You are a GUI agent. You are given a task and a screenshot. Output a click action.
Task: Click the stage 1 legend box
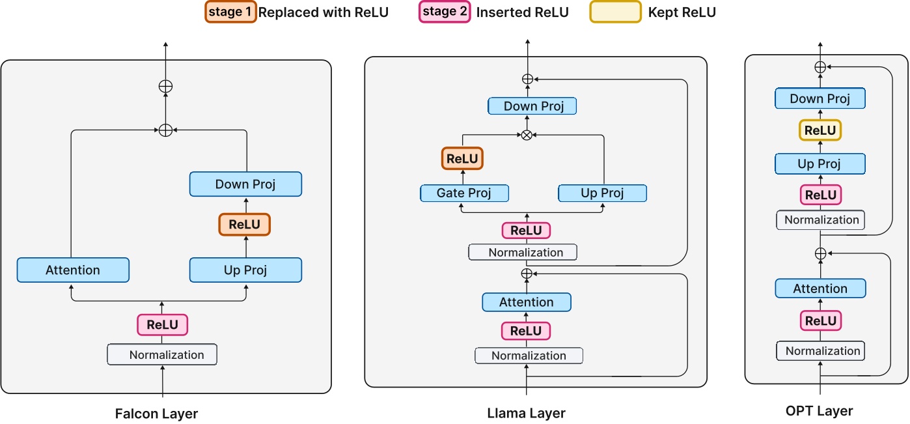click(x=230, y=12)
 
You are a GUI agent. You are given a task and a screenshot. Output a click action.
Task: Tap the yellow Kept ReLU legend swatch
click(x=615, y=12)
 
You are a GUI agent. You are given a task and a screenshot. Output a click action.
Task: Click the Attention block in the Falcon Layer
click(x=73, y=270)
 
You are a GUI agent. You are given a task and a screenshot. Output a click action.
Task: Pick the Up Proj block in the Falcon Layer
click(x=245, y=270)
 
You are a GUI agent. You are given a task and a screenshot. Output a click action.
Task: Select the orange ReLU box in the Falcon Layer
click(x=244, y=225)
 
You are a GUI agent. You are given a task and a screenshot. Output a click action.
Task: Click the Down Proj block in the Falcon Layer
click(x=245, y=184)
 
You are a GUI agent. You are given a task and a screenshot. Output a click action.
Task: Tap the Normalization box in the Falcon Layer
click(x=162, y=355)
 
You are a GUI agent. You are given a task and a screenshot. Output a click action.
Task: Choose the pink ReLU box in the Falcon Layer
click(x=162, y=324)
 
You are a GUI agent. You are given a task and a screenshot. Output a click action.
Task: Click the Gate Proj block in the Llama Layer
click(x=464, y=193)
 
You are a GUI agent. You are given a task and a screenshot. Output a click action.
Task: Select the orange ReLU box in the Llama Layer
click(x=462, y=158)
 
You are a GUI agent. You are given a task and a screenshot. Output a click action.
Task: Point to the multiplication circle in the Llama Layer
click(x=527, y=135)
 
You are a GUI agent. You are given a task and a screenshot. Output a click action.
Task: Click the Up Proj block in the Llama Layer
click(x=602, y=193)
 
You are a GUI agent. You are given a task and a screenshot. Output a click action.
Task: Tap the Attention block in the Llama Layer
click(x=526, y=302)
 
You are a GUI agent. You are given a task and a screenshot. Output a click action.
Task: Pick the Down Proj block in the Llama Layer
click(x=532, y=106)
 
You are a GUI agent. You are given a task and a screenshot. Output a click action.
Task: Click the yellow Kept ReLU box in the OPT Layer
click(x=820, y=130)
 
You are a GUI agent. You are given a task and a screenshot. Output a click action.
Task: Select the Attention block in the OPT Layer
click(x=820, y=289)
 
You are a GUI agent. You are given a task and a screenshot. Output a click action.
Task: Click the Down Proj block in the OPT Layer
click(x=820, y=99)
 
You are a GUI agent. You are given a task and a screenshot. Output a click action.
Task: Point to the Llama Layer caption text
click(x=526, y=413)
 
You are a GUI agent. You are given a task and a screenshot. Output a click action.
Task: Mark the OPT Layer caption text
click(x=819, y=411)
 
